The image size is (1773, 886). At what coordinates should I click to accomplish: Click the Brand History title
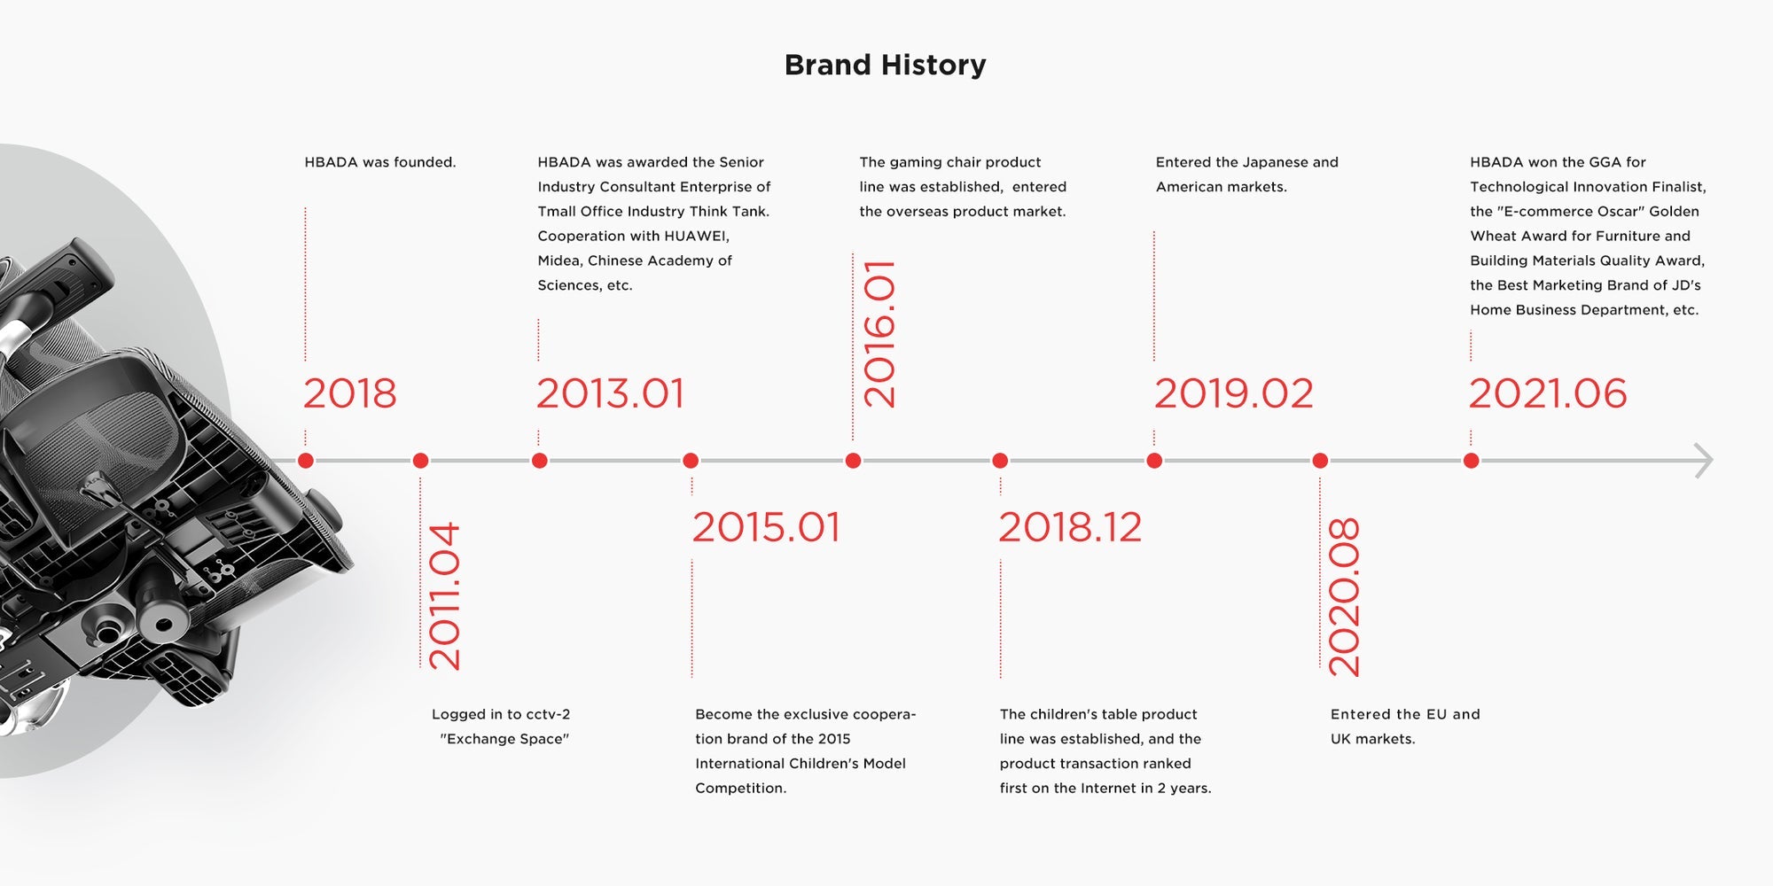click(x=885, y=65)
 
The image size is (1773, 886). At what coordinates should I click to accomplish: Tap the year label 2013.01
click(x=610, y=393)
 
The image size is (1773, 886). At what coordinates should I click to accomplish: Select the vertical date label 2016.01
click(x=879, y=334)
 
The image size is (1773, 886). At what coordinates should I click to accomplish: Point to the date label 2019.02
click(x=1233, y=393)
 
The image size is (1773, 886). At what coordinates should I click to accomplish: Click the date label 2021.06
click(x=1548, y=393)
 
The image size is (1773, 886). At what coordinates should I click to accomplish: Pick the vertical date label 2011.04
click(x=444, y=595)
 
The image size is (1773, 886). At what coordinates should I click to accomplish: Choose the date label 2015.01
click(x=766, y=527)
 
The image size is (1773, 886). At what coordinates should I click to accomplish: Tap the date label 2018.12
click(x=1070, y=527)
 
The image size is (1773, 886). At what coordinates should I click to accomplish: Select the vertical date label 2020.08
click(x=1344, y=597)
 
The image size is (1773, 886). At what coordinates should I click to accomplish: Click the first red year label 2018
click(x=350, y=393)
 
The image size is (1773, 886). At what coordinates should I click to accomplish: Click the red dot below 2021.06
click(x=1471, y=461)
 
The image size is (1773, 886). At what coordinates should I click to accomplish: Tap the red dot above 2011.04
click(x=421, y=461)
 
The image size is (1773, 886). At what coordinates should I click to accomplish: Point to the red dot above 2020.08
click(x=1320, y=461)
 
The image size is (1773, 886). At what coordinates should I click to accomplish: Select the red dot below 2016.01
click(x=853, y=461)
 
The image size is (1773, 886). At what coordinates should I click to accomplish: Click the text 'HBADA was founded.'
click(x=380, y=162)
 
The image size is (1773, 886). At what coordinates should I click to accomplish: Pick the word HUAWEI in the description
click(x=697, y=237)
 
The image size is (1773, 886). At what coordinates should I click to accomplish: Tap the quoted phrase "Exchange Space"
click(x=504, y=739)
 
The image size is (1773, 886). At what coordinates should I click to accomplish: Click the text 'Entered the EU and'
click(x=1405, y=714)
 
